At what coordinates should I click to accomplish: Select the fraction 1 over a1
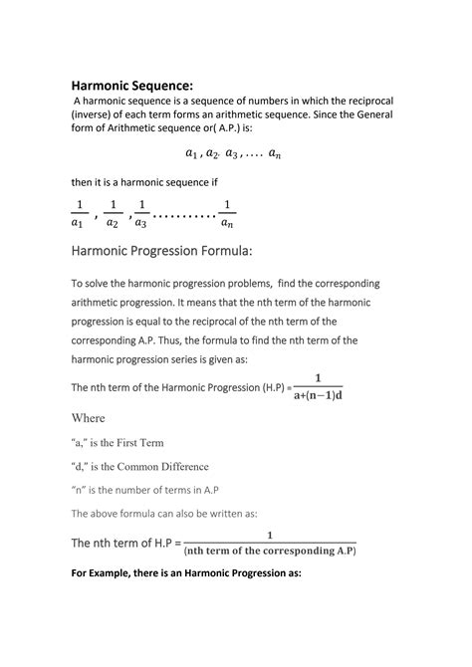78,213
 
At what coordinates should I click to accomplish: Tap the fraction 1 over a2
113,213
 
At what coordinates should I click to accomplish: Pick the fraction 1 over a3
141,213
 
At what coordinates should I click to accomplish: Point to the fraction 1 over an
228,213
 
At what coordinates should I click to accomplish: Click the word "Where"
88,418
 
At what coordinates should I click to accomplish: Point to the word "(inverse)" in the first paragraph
98,122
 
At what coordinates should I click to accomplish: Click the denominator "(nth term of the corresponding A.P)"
270,550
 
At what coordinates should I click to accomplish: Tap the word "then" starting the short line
84,181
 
